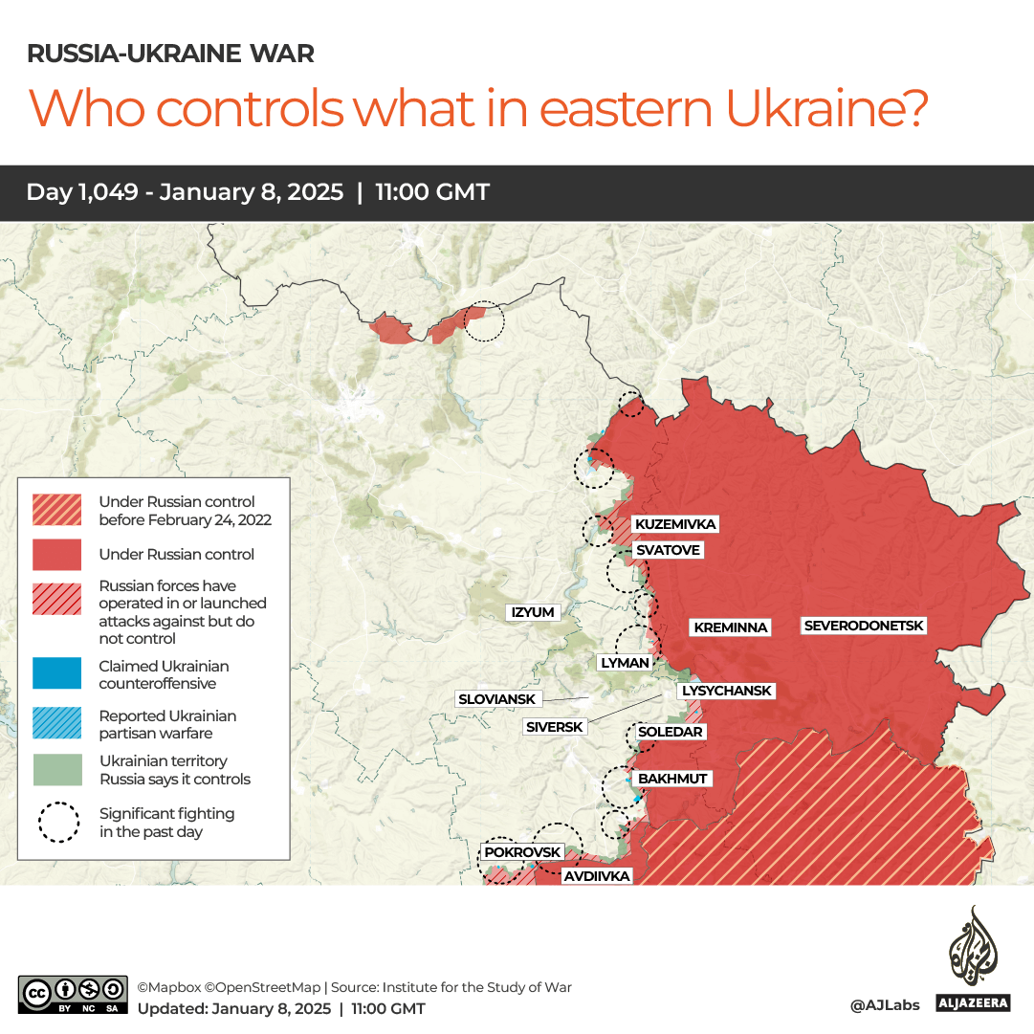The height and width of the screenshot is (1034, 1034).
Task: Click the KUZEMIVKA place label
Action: [x=675, y=524]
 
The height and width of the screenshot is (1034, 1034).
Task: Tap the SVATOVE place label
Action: [x=668, y=550]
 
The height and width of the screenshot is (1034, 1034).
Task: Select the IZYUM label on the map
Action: [x=533, y=612]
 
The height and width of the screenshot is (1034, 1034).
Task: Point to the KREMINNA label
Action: [x=731, y=627]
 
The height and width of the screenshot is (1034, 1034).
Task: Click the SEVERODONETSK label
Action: [x=864, y=626]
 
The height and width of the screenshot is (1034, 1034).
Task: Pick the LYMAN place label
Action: [x=625, y=662]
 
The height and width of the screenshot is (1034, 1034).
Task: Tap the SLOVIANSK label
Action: [x=496, y=699]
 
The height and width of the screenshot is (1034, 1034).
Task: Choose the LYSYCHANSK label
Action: [x=726, y=691]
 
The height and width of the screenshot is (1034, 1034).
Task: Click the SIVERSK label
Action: [x=554, y=727]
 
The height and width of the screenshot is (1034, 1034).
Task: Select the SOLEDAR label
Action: [x=671, y=732]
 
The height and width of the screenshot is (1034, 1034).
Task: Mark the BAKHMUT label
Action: [x=672, y=779]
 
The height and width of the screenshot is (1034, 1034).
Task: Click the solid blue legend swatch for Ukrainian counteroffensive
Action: [x=56, y=674]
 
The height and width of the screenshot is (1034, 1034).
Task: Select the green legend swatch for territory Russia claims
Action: [x=56, y=770]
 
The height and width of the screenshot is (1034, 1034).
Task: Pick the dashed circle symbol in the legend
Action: [x=58, y=823]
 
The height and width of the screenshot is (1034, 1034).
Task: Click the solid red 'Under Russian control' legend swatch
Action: [x=56, y=555]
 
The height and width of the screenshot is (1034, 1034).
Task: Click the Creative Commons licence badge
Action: [x=73, y=995]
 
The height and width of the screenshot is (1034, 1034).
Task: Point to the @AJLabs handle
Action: [x=884, y=1005]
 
